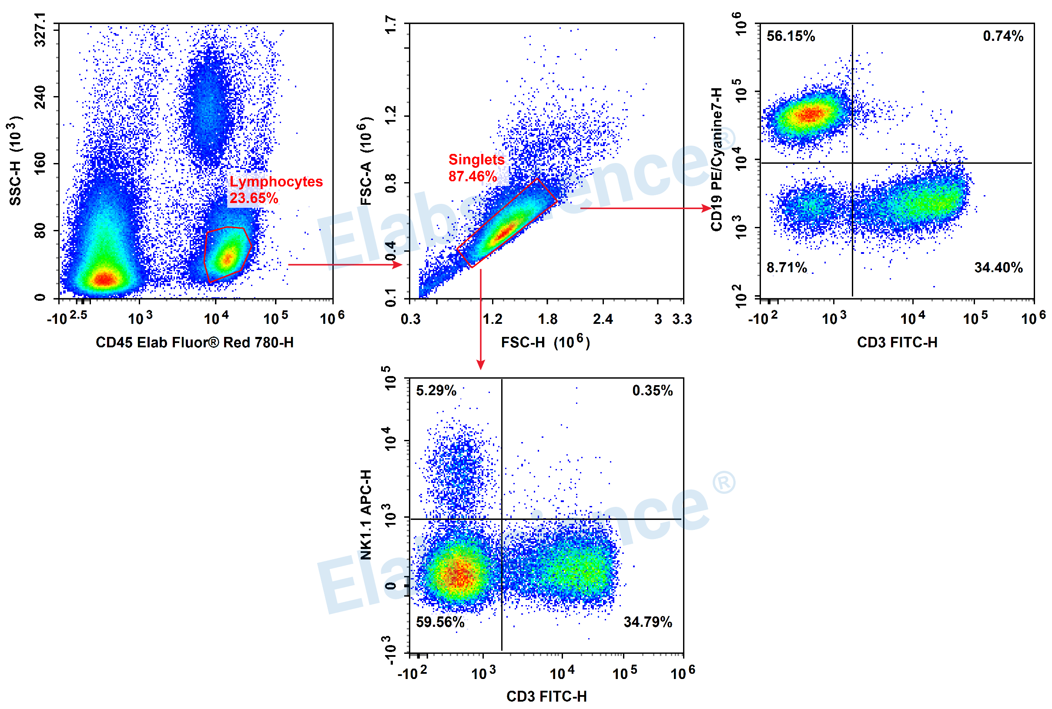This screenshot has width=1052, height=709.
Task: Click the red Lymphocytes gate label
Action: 276,182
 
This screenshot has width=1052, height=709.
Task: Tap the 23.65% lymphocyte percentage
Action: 253,198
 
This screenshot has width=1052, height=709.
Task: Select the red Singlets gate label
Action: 476,160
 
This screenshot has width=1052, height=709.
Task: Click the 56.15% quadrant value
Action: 791,36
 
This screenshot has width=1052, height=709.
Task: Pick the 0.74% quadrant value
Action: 1003,36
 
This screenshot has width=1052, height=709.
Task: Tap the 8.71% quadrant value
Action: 787,268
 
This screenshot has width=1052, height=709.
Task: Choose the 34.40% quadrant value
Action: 998,268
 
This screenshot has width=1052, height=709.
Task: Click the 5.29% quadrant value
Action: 436,391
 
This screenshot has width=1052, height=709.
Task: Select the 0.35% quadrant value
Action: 652,391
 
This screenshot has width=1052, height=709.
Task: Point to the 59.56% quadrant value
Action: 440,622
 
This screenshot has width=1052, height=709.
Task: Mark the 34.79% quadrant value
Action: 647,622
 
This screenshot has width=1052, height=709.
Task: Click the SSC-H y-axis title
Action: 15,161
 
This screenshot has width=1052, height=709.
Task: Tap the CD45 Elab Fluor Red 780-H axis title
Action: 194,343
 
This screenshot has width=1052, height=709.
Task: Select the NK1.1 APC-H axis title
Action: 366,515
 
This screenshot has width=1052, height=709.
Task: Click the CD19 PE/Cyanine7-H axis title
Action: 716,159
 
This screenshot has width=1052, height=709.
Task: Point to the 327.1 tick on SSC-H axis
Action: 40,30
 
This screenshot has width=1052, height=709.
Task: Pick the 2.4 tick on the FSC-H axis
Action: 602,320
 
